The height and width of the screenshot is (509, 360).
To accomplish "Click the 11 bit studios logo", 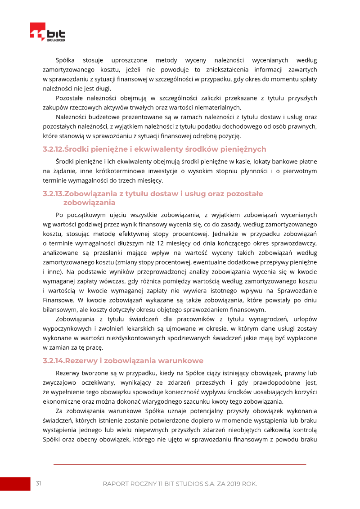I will click(47, 33).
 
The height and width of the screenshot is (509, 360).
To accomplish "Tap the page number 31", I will click(39, 483).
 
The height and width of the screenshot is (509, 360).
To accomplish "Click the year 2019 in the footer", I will click(230, 484).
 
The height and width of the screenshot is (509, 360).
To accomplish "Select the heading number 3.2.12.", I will click(54, 149).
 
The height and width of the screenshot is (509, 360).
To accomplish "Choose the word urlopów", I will click(305, 319).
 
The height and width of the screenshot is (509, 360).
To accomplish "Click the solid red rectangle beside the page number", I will click(15, 484).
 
